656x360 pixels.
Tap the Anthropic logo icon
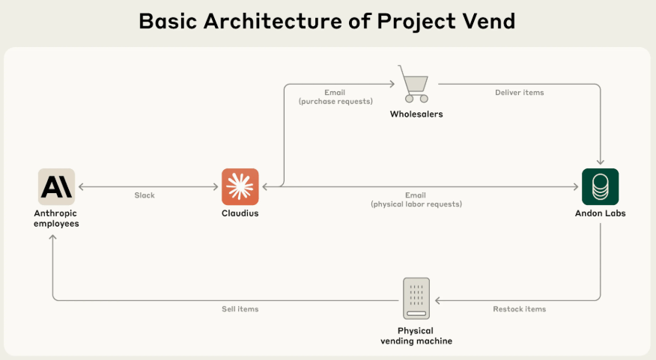(x=56, y=187)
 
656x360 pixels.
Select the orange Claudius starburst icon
(x=240, y=187)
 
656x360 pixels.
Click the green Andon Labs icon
(x=601, y=187)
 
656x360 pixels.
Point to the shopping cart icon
(x=414, y=84)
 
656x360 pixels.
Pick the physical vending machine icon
(x=416, y=299)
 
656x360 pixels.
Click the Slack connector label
(x=145, y=195)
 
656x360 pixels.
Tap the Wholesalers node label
(x=416, y=115)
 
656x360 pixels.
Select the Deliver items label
(x=520, y=92)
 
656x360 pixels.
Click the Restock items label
(x=520, y=309)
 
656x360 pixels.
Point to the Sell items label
(x=240, y=309)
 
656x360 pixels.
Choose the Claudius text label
(x=240, y=213)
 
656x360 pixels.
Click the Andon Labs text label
(x=601, y=213)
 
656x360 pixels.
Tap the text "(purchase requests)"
(x=335, y=102)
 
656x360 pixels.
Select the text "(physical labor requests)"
(x=416, y=204)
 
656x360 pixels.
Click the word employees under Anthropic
(x=56, y=224)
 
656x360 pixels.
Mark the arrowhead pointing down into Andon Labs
(x=601, y=162)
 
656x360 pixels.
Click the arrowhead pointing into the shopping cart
(x=392, y=84)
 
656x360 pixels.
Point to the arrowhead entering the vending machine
(x=437, y=300)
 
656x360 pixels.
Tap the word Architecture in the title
(x=273, y=21)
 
